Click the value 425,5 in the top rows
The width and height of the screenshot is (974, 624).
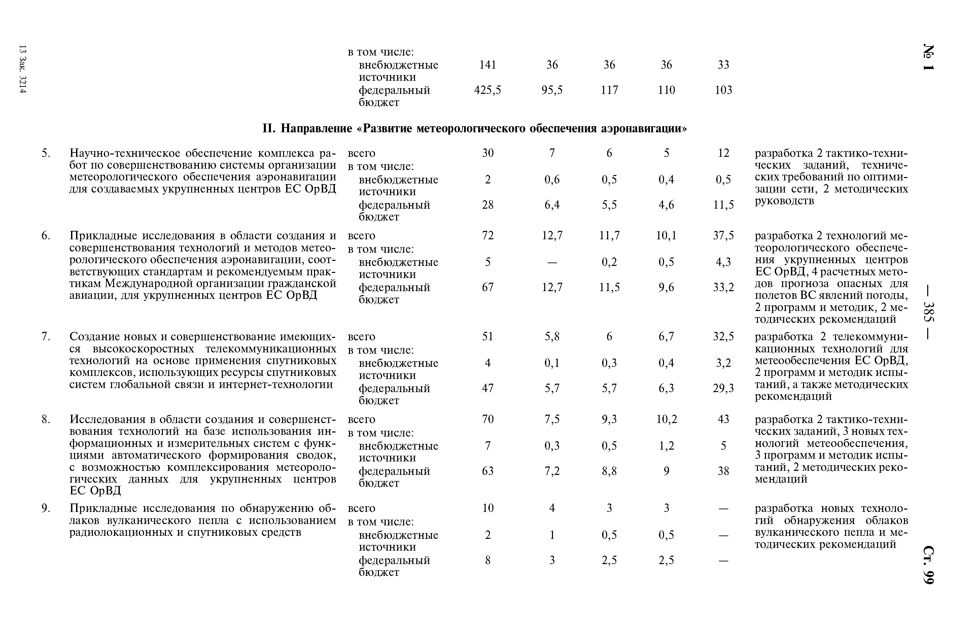pyautogui.click(x=487, y=90)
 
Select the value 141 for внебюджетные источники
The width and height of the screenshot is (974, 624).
pyautogui.click(x=487, y=65)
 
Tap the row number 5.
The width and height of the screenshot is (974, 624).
pyautogui.click(x=46, y=153)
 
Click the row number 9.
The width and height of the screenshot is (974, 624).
pyautogui.click(x=46, y=508)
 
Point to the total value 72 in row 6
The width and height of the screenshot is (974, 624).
pyautogui.click(x=487, y=235)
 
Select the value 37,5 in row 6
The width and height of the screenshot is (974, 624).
pyautogui.click(x=723, y=235)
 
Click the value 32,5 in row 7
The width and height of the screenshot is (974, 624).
pyautogui.click(x=723, y=336)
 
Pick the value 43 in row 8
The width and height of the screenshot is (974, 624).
pyautogui.click(x=723, y=419)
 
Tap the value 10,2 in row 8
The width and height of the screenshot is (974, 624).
pyautogui.click(x=666, y=419)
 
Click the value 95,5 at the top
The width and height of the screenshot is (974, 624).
pyautogui.click(x=552, y=90)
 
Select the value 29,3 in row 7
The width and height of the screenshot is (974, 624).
pyautogui.click(x=723, y=388)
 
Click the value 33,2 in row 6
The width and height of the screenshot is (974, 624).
pyautogui.click(x=723, y=287)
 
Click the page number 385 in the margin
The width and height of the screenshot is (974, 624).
pyautogui.click(x=928, y=312)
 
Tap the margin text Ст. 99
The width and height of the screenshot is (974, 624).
pyautogui.click(x=928, y=565)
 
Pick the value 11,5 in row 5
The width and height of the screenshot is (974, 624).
pyautogui.click(x=723, y=205)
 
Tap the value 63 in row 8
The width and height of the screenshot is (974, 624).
pyautogui.click(x=487, y=471)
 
